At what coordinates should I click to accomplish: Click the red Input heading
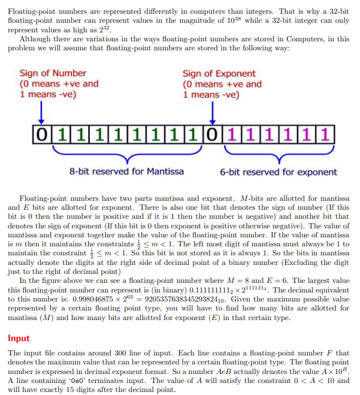click(x=19, y=338)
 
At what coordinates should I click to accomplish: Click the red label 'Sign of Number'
click(x=53, y=73)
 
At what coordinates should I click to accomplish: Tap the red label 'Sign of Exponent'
click(x=219, y=73)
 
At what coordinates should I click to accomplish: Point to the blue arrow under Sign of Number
click(x=40, y=112)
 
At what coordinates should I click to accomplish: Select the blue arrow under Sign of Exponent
click(x=213, y=112)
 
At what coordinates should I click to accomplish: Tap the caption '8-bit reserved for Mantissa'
click(x=126, y=172)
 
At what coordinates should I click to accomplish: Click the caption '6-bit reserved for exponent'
click(x=278, y=172)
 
